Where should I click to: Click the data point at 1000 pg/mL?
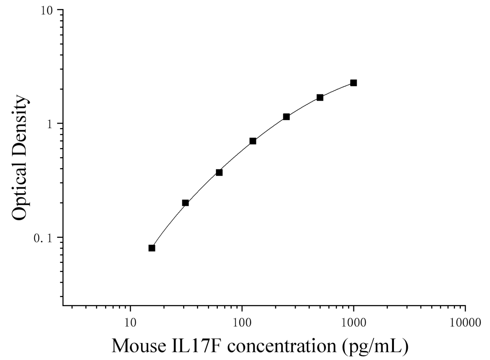click(353, 83)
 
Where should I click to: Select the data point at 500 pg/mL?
click(320, 98)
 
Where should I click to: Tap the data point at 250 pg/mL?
click(286, 117)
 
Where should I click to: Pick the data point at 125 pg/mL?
click(253, 141)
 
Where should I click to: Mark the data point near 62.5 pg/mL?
click(219, 172)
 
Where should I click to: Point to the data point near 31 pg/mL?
click(185, 203)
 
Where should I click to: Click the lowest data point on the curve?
click(152, 248)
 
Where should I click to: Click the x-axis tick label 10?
click(130, 323)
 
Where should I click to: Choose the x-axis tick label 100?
click(242, 323)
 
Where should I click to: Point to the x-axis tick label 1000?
click(354, 323)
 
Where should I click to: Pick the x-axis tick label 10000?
click(465, 323)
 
